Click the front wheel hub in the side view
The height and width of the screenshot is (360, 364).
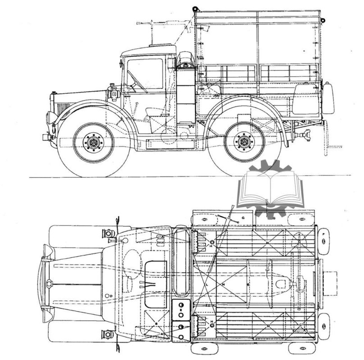[93, 143]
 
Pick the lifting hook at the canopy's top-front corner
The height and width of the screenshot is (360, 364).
[196, 8]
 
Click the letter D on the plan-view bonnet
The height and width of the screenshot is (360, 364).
[111, 295]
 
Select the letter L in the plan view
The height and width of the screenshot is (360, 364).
[206, 285]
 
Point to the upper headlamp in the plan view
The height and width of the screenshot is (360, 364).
[108, 234]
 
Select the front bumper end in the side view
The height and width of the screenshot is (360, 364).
[45, 135]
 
